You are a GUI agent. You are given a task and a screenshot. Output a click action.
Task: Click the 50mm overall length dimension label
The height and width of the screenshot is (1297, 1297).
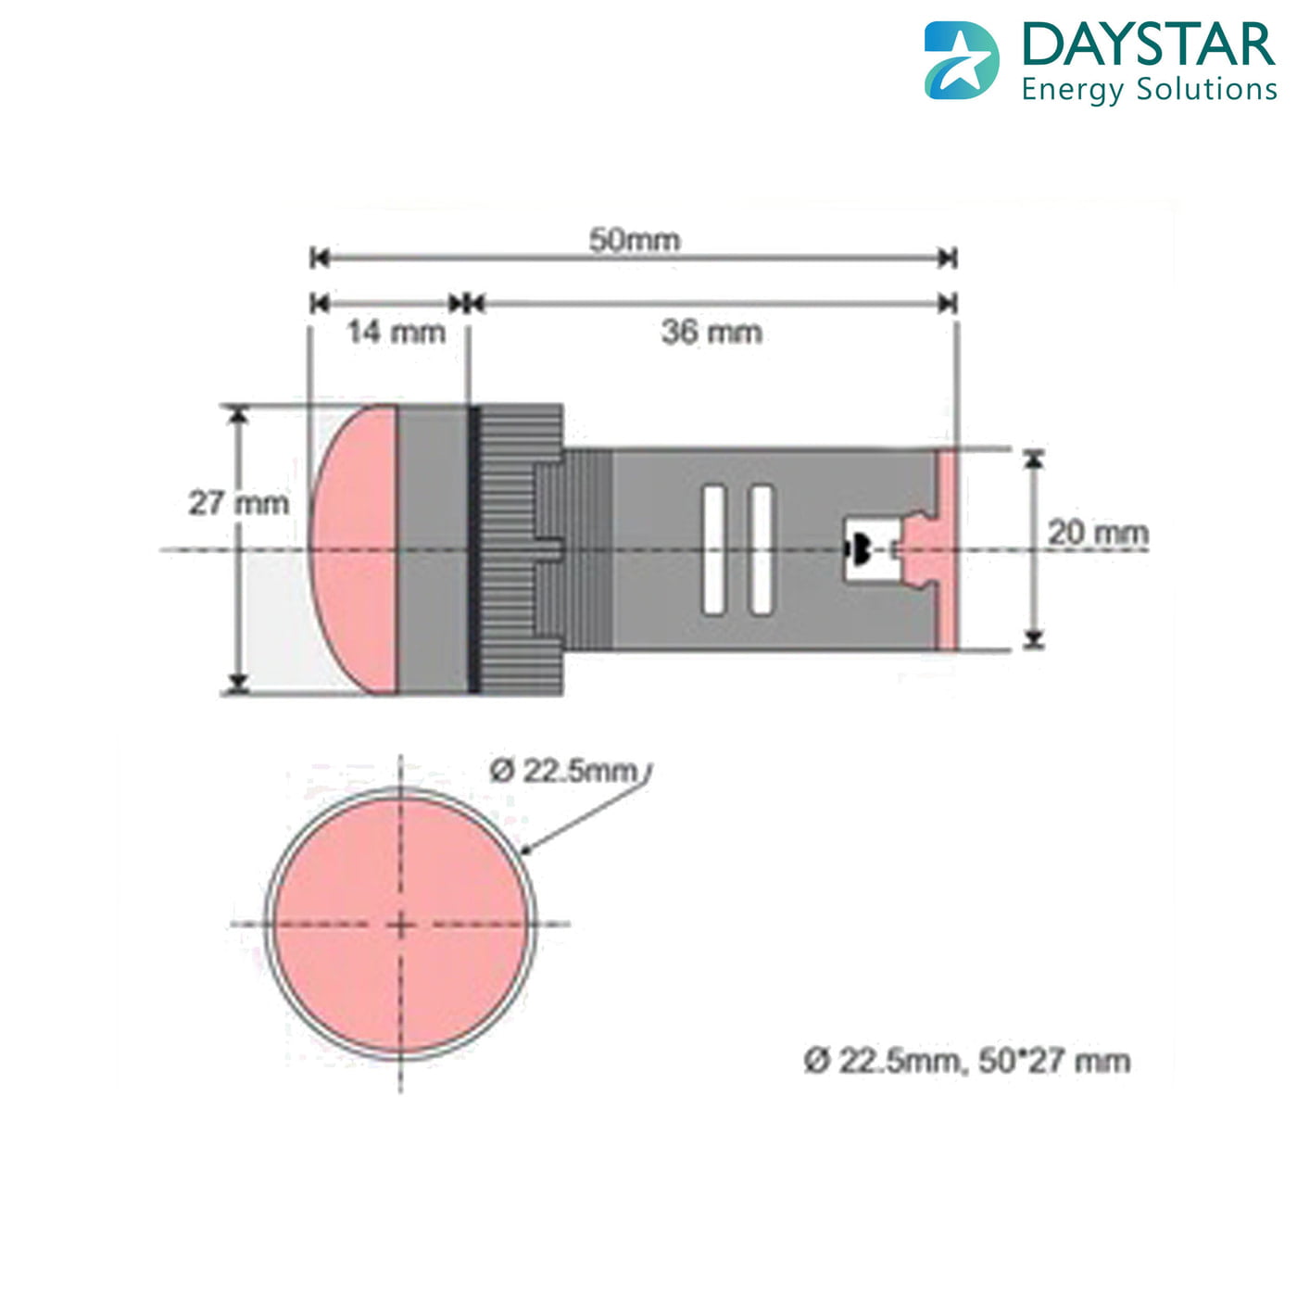(x=635, y=240)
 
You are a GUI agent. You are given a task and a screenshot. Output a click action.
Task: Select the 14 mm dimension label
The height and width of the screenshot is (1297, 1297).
(x=396, y=332)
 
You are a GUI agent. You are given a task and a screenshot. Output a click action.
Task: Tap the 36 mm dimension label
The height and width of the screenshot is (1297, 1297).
(x=711, y=332)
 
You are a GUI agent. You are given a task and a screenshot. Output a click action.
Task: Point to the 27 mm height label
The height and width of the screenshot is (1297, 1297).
(x=238, y=503)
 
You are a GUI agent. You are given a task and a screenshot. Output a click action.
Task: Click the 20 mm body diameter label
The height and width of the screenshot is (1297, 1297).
(x=1098, y=533)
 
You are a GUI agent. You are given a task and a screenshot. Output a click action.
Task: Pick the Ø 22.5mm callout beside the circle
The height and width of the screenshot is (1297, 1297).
(x=564, y=771)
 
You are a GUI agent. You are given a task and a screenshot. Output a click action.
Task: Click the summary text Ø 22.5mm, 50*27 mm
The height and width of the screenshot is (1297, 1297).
(x=966, y=1061)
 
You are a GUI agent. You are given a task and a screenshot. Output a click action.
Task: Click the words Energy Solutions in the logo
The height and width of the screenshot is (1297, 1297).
(x=1149, y=90)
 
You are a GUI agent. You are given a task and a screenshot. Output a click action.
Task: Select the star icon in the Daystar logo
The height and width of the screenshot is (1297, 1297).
(x=962, y=61)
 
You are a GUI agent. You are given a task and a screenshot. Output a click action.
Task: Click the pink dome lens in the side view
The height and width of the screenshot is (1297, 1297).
(x=357, y=549)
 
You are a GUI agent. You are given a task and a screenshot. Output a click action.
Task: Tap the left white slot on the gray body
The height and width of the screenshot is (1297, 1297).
(x=712, y=549)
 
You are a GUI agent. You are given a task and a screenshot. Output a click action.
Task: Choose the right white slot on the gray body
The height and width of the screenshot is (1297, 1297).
(x=761, y=549)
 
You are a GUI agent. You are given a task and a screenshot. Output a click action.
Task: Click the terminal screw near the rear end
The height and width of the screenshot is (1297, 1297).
(x=859, y=549)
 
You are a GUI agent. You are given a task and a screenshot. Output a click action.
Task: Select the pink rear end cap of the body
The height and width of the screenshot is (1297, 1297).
(x=946, y=549)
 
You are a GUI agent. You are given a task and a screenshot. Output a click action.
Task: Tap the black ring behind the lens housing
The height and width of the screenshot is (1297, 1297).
(x=473, y=549)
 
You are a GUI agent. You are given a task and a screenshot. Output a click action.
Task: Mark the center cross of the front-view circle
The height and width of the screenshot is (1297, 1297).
(x=400, y=924)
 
